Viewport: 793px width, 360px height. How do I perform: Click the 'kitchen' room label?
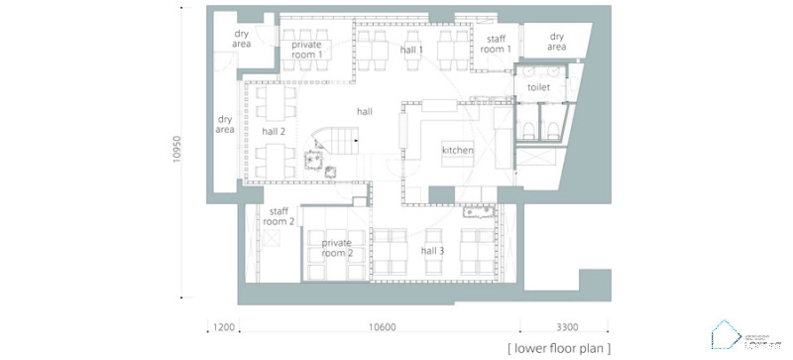tap(458, 150)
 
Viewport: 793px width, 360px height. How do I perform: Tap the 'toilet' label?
tap(538, 87)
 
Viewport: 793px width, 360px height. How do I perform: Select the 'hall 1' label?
tap(410, 50)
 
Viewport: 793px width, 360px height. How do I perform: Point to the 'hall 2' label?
tap(274, 131)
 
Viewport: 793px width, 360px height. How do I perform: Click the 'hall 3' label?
tap(433, 252)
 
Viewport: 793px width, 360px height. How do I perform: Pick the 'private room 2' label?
tap(337, 247)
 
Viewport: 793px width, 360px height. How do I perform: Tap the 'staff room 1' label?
tap(496, 44)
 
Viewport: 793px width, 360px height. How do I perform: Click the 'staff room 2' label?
tap(279, 216)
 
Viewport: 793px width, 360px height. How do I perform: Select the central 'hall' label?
tap(365, 112)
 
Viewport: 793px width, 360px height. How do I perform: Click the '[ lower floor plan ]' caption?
tap(556, 348)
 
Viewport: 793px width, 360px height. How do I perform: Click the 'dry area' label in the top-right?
tap(557, 42)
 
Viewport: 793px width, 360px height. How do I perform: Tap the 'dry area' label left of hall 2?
tap(225, 124)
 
